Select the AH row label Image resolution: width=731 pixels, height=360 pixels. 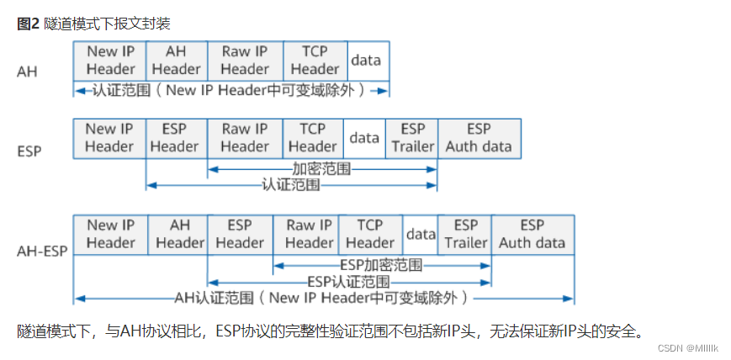coord(27,71)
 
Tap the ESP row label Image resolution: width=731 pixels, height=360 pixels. coord(30,151)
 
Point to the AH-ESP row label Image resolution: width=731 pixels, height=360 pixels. coord(41,250)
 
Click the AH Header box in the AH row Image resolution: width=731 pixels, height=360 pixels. coord(176,61)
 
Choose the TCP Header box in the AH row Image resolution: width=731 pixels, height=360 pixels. coord(315,61)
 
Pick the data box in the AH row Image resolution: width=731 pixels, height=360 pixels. coord(366,61)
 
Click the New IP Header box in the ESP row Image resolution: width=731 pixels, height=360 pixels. coord(109,138)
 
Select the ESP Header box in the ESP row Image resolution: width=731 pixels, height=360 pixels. coord(174,138)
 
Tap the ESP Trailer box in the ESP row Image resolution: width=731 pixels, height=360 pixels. coord(412,138)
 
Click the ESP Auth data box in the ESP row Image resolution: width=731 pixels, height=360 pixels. coord(479,138)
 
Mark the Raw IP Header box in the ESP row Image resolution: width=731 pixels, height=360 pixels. coord(244,138)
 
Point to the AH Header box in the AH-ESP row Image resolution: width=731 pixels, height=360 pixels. coord(179,235)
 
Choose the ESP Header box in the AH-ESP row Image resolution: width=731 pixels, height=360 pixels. coord(240,235)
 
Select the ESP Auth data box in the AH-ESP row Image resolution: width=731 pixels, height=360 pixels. coord(532,235)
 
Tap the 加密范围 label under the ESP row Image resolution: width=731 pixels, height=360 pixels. coord(322,169)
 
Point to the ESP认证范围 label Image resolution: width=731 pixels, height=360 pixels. coord(348,281)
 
